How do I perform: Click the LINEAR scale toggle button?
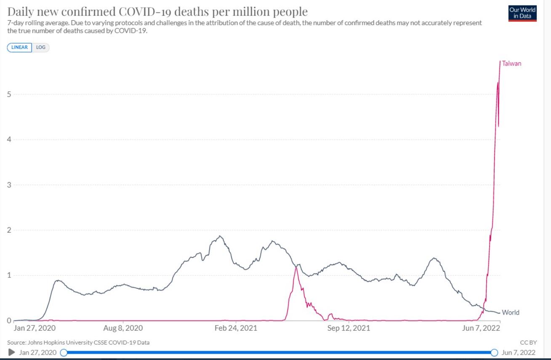19,48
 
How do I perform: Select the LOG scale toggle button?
40,48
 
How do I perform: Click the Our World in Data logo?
522,13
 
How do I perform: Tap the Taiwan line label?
511,64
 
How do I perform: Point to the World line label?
511,312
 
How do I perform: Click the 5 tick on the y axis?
9,94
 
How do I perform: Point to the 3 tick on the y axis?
9,185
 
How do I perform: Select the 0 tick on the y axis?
9,321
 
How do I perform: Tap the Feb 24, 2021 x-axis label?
236,328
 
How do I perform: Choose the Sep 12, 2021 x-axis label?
349,328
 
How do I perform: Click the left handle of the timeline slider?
64,352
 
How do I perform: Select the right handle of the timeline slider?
495,352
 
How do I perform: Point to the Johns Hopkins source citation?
78,343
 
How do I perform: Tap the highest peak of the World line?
219,236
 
